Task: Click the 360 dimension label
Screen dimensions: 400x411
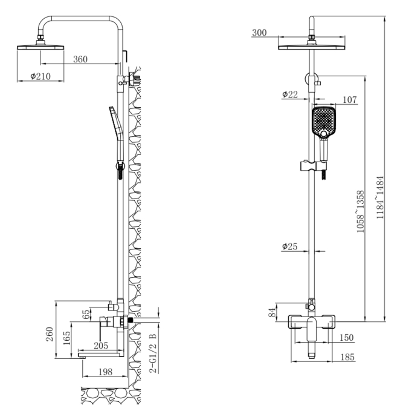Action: pyautogui.click(x=80, y=59)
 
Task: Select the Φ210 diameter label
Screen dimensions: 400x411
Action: pyautogui.click(x=40, y=76)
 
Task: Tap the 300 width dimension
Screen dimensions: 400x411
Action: pyautogui.click(x=259, y=33)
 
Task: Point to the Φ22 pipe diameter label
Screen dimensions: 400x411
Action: pyautogui.click(x=290, y=94)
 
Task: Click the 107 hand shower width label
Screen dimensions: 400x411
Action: pyautogui.click(x=349, y=100)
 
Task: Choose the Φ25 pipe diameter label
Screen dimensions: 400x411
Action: pyautogui.click(x=289, y=246)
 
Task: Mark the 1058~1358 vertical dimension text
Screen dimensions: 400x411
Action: pyautogui.click(x=360, y=211)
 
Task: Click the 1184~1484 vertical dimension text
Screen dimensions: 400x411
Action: pyautogui.click(x=380, y=197)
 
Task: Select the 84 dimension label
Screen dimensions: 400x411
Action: pyautogui.click(x=273, y=312)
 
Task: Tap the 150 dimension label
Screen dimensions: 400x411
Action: pyautogui.click(x=346, y=337)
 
